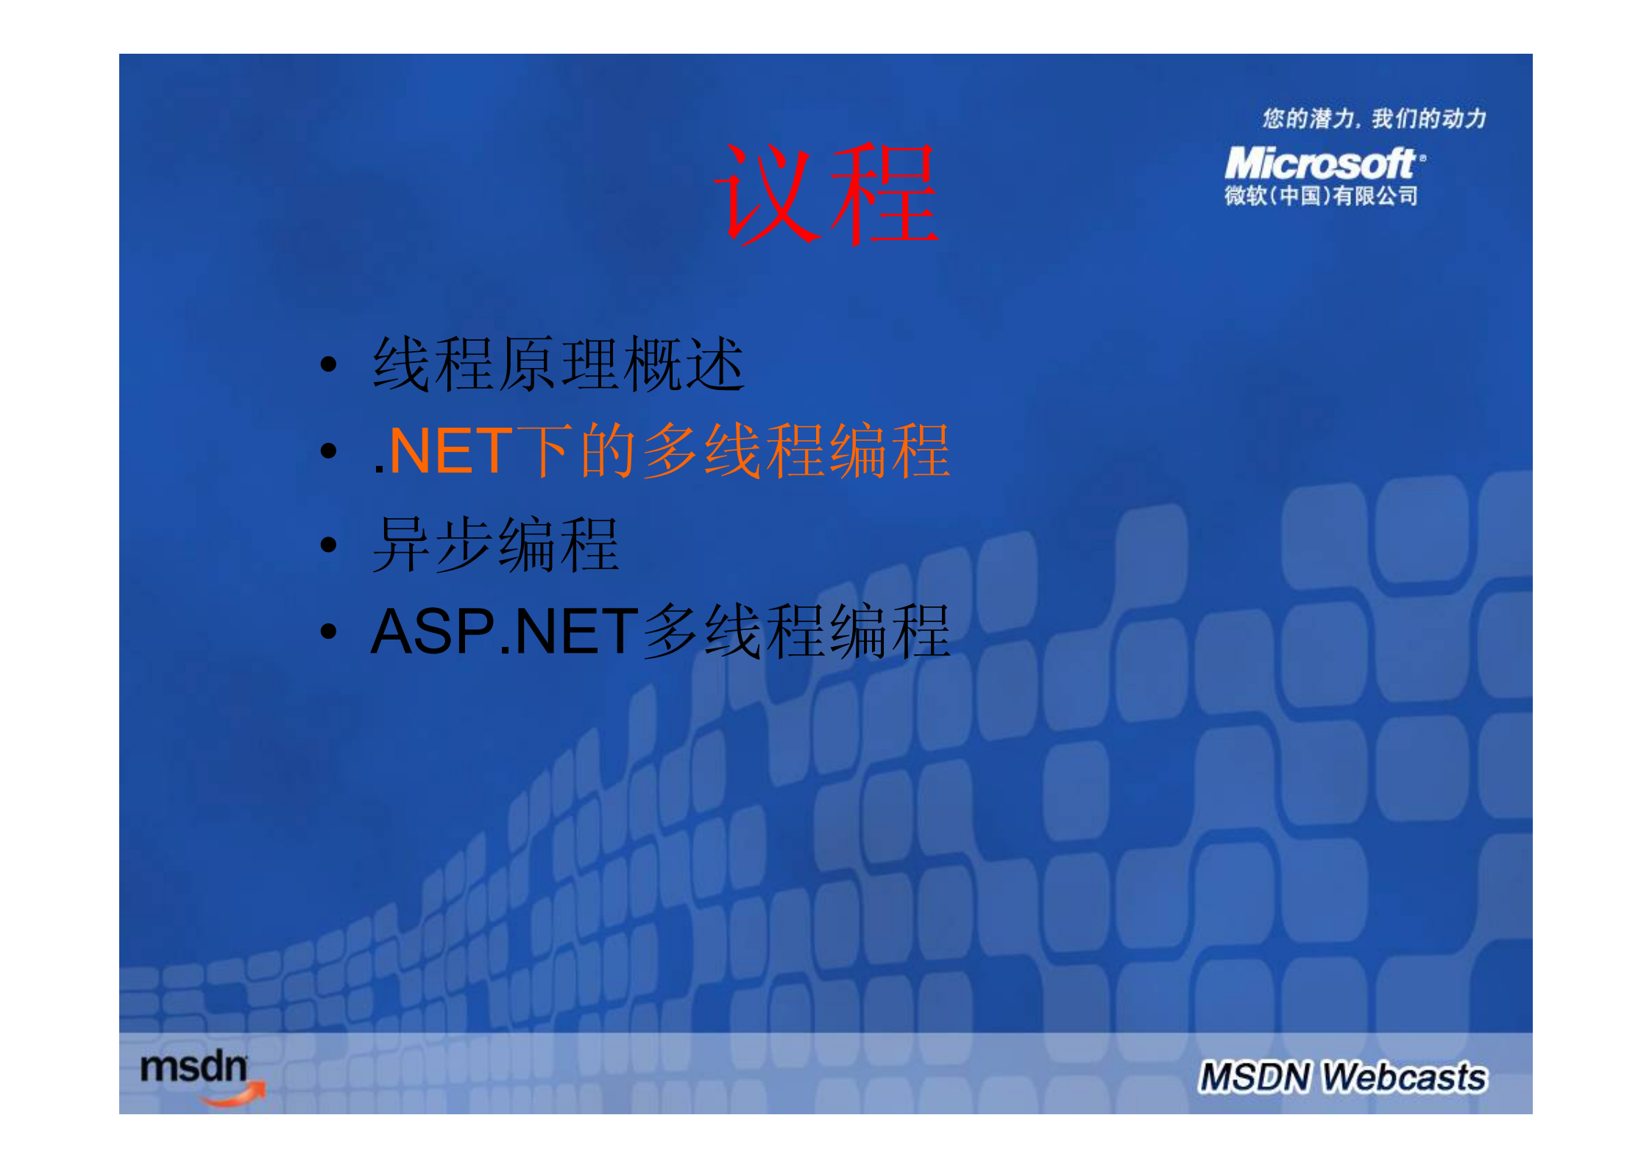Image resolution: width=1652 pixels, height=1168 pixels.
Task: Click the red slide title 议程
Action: click(826, 194)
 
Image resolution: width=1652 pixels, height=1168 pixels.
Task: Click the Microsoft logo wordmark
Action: click(1320, 163)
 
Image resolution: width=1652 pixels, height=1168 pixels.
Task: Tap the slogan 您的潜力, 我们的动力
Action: click(1374, 118)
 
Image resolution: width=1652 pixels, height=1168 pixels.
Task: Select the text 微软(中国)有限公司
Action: click(1321, 196)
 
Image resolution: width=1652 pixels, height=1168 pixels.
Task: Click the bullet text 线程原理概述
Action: click(559, 364)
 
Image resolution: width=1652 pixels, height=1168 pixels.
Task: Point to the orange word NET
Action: click(449, 451)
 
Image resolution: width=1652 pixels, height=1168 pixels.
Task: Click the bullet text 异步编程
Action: click(495, 545)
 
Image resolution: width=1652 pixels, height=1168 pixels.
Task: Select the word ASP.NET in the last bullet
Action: click(505, 631)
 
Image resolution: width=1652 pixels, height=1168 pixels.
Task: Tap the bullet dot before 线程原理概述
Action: click(329, 364)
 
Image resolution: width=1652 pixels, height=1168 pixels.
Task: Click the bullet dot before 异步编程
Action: click(329, 545)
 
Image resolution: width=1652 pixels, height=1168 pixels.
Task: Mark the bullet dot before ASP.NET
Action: click(329, 631)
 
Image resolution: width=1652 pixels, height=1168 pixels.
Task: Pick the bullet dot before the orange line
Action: click(329, 451)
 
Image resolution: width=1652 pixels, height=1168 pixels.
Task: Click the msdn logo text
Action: click(194, 1067)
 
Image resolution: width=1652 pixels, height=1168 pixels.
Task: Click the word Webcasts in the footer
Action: click(1404, 1077)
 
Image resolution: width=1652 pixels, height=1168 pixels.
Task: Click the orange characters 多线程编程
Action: click(796, 451)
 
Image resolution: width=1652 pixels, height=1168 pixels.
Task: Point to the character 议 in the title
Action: click(767, 194)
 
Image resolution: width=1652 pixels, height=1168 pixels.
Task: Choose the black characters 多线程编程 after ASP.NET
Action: click(796, 631)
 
